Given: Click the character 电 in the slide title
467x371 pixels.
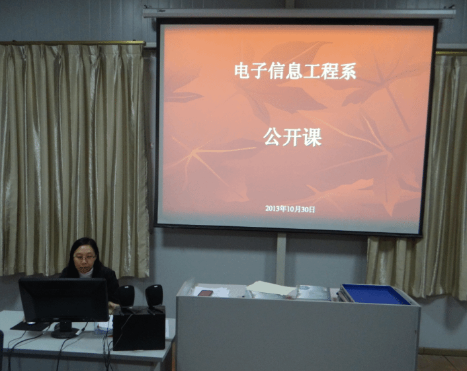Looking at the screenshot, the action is point(241,71).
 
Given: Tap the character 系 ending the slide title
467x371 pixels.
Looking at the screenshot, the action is point(348,71).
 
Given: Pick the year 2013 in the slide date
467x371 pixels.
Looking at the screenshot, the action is point(272,208).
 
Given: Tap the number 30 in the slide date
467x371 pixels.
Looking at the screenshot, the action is point(305,210).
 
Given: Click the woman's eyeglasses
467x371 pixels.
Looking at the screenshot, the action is point(85,257).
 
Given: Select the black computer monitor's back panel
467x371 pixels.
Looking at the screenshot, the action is point(64,300).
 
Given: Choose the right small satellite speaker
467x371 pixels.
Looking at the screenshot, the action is point(154,297).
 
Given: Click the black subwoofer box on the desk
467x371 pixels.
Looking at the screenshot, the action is point(139,328).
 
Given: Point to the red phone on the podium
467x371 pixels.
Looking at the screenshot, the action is point(205,293).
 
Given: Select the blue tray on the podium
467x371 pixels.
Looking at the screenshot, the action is point(376,294).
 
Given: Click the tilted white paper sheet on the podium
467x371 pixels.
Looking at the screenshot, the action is point(271,288).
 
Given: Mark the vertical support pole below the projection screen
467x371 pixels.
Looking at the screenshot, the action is point(281,259).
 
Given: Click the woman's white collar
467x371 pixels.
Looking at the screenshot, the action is point(86,272).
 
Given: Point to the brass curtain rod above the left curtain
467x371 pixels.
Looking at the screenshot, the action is point(72,43).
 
